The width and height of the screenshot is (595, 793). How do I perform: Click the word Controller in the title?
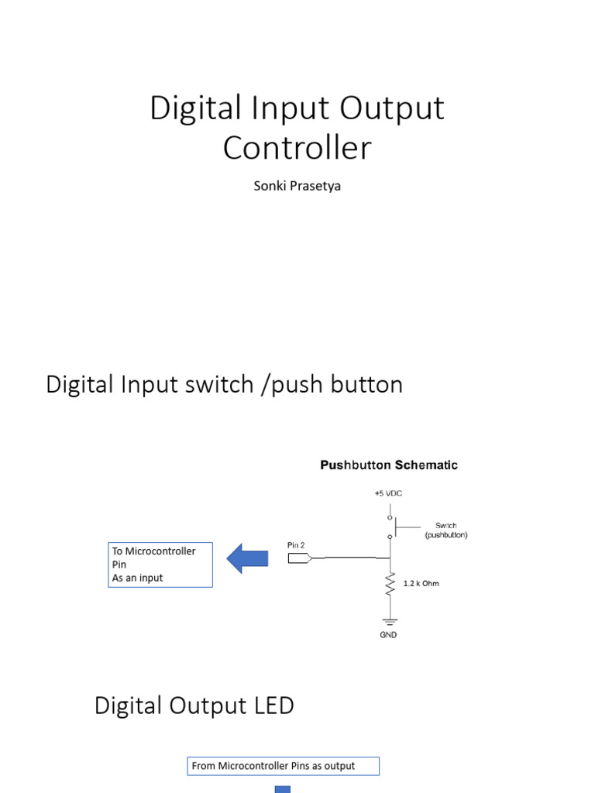point(297,148)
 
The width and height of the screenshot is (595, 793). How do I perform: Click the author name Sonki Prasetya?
point(297,187)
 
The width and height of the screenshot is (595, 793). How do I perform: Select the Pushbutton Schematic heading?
point(389,465)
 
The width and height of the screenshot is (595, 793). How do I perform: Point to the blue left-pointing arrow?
point(247,558)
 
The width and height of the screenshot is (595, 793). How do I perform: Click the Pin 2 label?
point(296,545)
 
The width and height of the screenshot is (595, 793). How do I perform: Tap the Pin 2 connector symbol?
point(299,558)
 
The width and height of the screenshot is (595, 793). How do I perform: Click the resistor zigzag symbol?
point(390,584)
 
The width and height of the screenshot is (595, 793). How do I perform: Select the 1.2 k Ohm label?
point(421,583)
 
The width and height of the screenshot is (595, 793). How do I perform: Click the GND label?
point(389,635)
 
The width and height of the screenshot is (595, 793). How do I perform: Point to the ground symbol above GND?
point(390,620)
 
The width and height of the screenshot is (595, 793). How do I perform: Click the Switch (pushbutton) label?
point(445,530)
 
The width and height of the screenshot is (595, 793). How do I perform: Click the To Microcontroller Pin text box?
point(160,565)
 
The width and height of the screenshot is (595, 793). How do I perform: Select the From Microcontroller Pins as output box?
point(284,766)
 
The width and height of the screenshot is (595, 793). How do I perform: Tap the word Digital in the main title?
point(189,108)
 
